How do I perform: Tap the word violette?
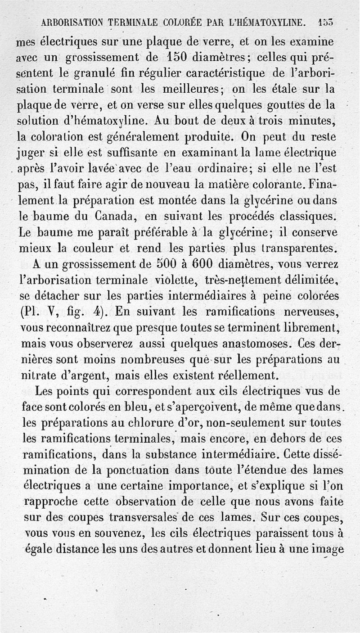168,280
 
